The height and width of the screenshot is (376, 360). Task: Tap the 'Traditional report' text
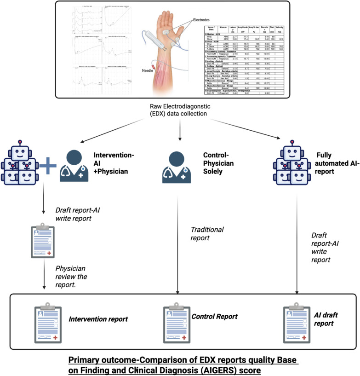(x=207, y=233)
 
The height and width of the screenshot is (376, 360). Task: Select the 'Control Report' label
(x=214, y=317)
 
